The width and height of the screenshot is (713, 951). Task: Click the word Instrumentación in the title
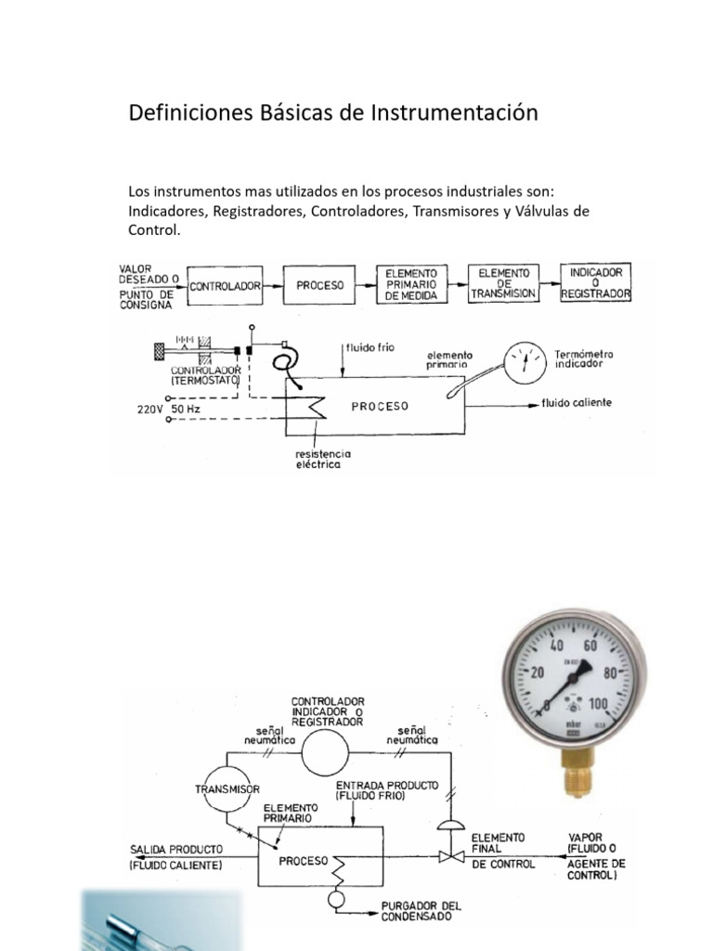click(455, 113)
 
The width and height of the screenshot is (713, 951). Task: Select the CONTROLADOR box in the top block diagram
click(225, 286)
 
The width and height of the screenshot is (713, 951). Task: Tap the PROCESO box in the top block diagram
click(319, 285)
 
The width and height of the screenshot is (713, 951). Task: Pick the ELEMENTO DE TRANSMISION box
click(504, 283)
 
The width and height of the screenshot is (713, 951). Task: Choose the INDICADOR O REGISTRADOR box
click(597, 282)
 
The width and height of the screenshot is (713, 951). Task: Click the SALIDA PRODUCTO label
click(175, 849)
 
